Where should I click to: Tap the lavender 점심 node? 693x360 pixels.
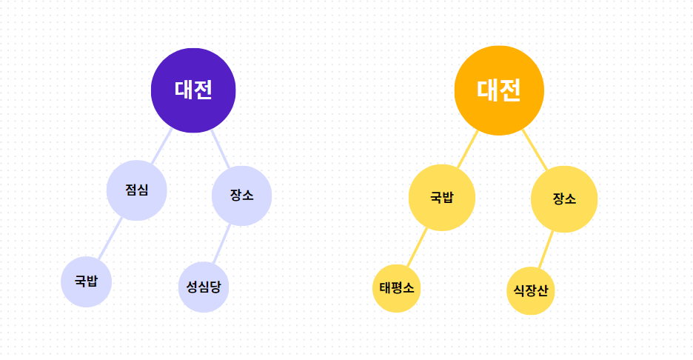[137, 190]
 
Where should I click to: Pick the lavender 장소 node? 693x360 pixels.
[241, 196]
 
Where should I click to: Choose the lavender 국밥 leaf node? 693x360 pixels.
[86, 281]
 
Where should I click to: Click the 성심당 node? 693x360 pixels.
[204, 287]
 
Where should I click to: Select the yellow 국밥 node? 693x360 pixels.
[442, 198]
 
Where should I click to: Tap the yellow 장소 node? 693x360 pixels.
[564, 199]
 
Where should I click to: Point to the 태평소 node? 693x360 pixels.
[397, 288]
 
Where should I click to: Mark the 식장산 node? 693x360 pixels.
[531, 290]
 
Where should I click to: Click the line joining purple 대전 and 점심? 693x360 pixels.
[161, 147]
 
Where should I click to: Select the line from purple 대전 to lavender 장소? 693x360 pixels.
[221, 150]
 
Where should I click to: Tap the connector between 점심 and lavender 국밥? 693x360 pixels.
[110, 239]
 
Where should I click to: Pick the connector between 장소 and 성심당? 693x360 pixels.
[222, 244]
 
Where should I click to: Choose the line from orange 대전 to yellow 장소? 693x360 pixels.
[535, 150]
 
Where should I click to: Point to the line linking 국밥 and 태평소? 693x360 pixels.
[418, 247]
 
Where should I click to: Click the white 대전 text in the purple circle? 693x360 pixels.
[193, 90]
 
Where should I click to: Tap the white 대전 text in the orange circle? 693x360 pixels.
[499, 90]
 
